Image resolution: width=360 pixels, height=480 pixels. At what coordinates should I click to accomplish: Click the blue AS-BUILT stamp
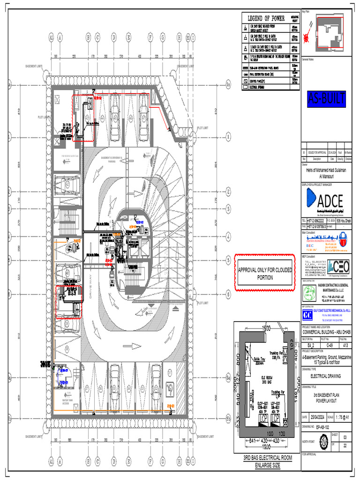[x=327, y=99]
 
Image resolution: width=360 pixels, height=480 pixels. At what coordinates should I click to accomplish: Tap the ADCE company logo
[x=327, y=201]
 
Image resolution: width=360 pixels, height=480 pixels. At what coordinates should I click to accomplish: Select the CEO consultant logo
[x=338, y=266]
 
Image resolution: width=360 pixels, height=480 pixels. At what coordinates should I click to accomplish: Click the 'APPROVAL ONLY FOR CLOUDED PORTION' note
[x=265, y=274]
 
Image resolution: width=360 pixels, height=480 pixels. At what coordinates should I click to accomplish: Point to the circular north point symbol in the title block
[x=323, y=442]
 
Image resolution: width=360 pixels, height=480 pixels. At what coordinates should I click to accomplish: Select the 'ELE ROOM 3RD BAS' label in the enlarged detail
[x=268, y=379]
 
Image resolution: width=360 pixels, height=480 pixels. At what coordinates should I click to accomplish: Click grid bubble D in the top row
[x=113, y=37]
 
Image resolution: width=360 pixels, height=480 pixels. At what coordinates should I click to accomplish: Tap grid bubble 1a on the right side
[x=228, y=84]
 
